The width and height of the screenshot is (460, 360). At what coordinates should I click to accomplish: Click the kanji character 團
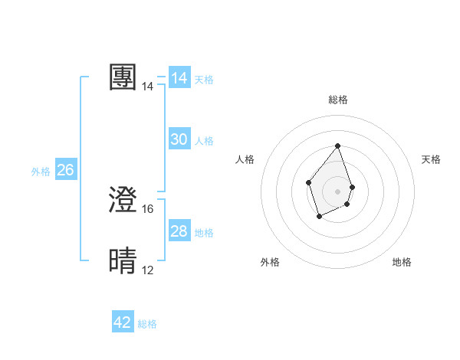point(123,77)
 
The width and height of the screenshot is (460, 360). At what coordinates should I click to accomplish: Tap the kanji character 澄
point(123,200)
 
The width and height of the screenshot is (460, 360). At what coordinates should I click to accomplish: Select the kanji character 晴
point(123,261)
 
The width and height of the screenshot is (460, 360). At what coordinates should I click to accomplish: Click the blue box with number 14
point(179,78)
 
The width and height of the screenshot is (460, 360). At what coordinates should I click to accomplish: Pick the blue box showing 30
point(179,139)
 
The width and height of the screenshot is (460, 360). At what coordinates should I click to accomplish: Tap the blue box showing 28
point(179,231)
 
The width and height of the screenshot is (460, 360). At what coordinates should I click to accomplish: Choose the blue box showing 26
point(65,170)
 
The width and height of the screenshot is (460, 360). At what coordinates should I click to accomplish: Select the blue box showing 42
point(123,322)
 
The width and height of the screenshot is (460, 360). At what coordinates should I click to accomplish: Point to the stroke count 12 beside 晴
point(148,270)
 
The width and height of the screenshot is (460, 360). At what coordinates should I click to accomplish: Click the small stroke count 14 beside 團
point(148,87)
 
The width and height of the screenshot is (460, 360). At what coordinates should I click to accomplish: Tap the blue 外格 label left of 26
point(41,172)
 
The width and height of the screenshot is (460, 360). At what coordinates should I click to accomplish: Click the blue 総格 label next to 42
point(147,324)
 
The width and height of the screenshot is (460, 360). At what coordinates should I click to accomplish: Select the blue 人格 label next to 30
point(204,141)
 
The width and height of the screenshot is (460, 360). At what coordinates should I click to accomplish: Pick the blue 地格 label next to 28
point(204,233)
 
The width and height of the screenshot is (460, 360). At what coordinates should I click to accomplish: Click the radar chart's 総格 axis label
point(337,100)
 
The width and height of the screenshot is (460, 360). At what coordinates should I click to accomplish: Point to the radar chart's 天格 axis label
point(431,159)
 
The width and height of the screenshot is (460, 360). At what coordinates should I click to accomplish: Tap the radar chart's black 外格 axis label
point(270,262)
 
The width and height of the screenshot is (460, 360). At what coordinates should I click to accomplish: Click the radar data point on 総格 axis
point(337,146)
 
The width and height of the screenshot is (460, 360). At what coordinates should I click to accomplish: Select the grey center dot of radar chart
point(337,191)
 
